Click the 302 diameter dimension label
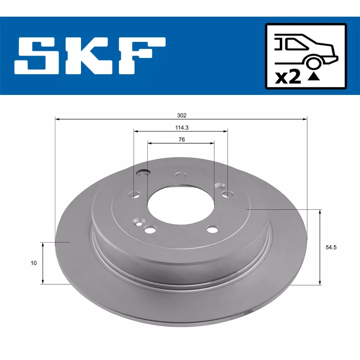181,115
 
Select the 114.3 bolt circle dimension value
181,127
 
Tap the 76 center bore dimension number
181,139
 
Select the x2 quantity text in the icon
288,77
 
